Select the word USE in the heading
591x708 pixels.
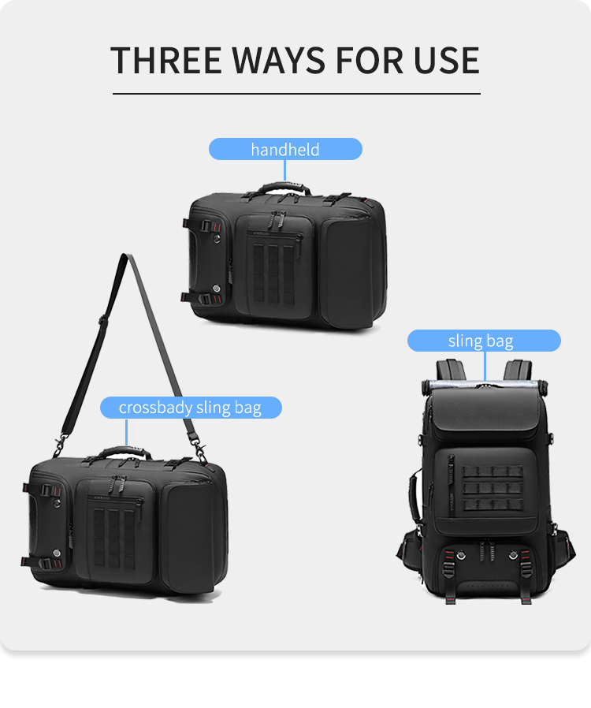pos(445,61)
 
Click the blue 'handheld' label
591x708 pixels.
pos(285,149)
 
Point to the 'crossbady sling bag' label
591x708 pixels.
pos(190,408)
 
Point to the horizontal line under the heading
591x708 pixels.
pos(296,94)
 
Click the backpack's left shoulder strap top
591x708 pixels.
pos(452,370)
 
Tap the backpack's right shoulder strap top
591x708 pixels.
pos(518,370)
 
